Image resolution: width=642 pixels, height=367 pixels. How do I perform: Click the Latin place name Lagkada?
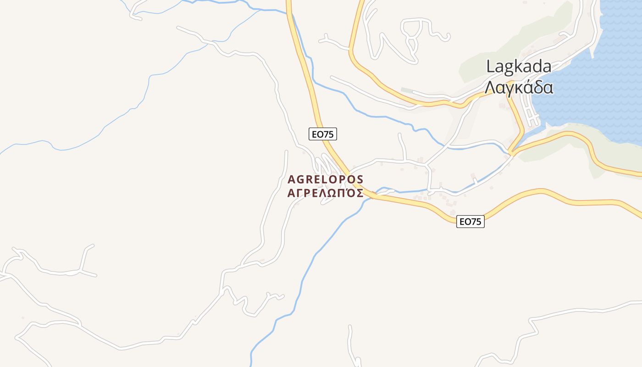[519, 67]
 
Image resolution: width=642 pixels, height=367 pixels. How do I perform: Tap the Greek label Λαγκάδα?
[519, 87]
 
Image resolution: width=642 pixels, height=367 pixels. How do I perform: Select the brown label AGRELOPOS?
[325, 179]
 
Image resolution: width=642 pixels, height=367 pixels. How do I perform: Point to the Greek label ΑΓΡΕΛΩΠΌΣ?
[325, 193]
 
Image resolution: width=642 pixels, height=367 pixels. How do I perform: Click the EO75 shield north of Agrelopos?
[323, 134]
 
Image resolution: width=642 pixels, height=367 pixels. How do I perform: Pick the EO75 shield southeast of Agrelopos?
[470, 222]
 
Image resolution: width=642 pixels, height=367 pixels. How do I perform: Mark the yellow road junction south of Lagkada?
[513, 152]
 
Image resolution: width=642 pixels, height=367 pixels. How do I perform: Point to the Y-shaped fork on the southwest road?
[81, 271]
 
